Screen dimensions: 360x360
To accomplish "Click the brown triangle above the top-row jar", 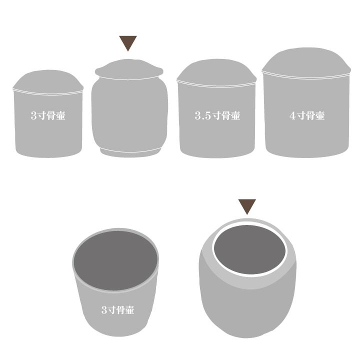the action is click(128, 42).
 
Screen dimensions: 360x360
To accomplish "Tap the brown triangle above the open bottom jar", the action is click(247, 205).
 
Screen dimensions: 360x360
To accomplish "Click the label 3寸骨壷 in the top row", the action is click(48, 115).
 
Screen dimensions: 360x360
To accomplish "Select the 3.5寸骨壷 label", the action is click(217, 115).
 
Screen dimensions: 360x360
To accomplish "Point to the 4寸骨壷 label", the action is click(307, 115).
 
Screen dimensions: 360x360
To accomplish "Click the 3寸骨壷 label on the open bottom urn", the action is click(117, 309).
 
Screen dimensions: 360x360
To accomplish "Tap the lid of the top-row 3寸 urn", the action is click(48, 81).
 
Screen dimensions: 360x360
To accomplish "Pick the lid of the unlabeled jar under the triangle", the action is click(129, 69).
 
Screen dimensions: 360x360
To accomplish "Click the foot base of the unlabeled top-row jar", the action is click(130, 152).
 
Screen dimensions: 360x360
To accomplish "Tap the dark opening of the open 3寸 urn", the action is click(115, 260).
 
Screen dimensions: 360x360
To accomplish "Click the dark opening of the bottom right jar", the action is click(250, 249).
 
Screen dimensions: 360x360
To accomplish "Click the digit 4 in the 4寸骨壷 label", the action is click(292, 115).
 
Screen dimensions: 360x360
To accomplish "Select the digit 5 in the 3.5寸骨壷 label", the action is click(207, 115).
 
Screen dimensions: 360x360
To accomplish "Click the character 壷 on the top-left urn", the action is click(60, 115).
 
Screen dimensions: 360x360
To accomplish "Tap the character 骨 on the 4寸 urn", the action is click(310, 115).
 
